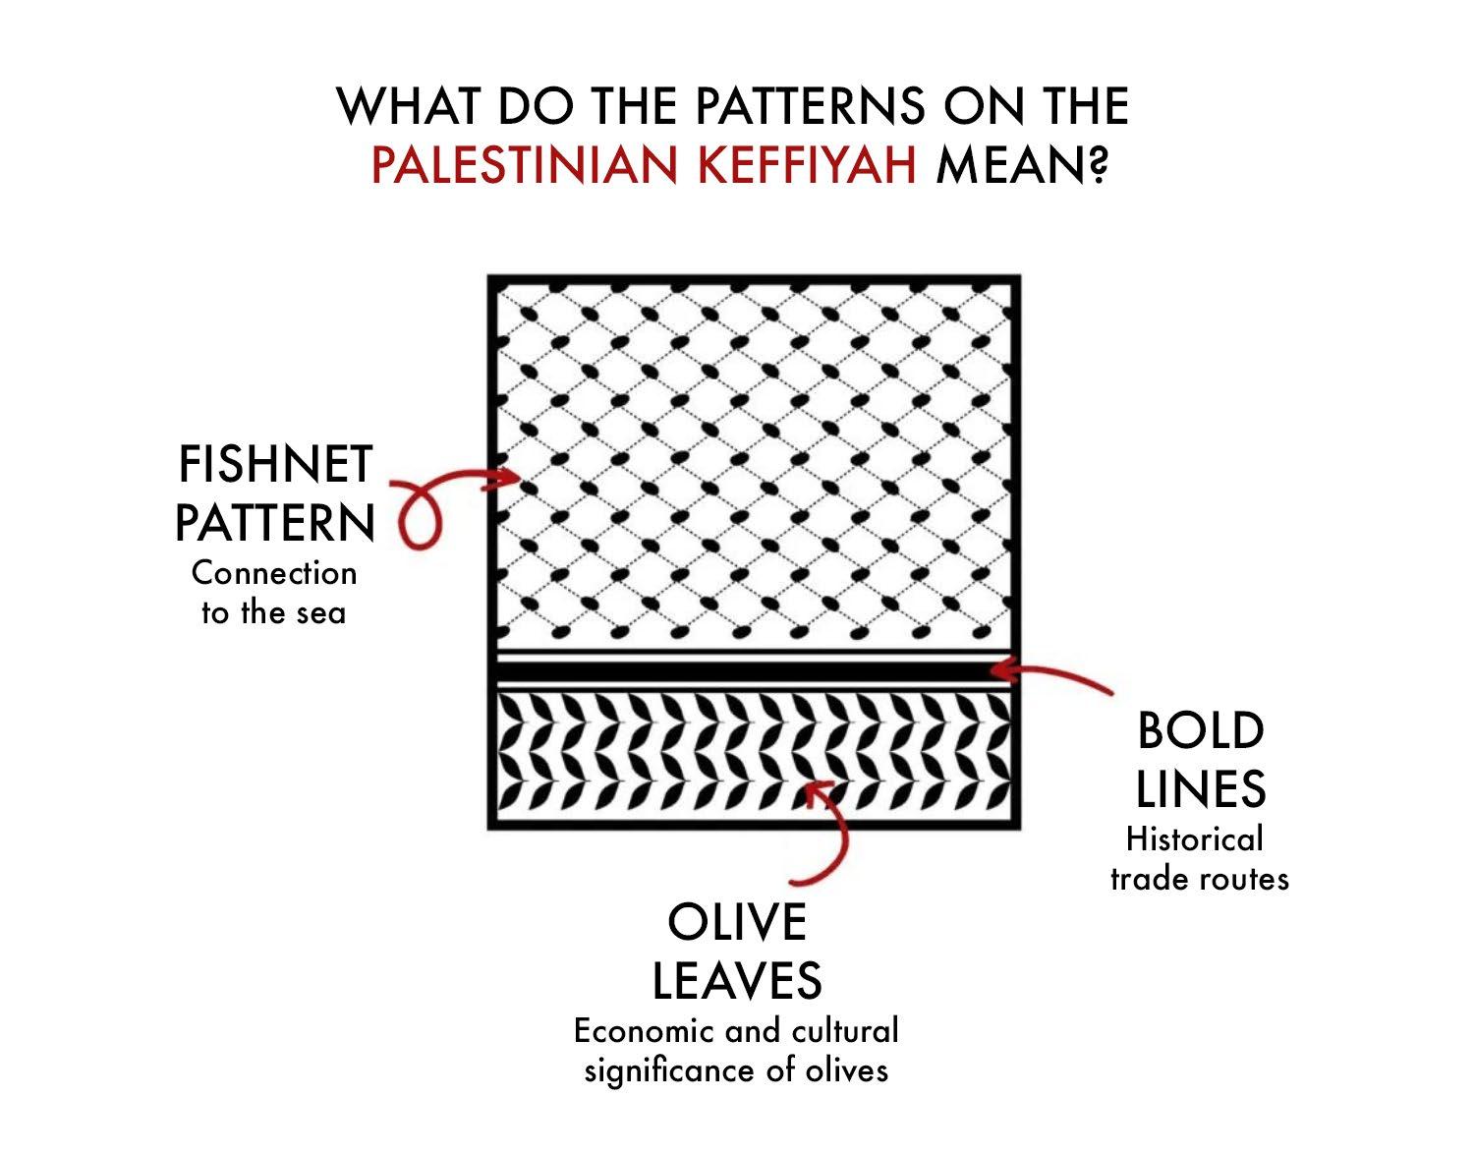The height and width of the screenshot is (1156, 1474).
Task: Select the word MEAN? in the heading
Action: tap(1022, 164)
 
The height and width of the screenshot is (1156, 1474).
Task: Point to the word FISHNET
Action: tap(275, 465)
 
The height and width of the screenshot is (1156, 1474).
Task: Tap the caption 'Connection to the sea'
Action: tap(274, 593)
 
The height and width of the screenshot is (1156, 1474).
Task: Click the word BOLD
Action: tap(1200, 731)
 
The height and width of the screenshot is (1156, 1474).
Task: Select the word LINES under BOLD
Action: tap(1200, 788)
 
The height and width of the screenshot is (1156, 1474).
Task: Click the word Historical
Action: tap(1194, 839)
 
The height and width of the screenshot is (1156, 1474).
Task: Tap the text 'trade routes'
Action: tap(1199, 878)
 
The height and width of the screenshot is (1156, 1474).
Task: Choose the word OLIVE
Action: tap(737, 922)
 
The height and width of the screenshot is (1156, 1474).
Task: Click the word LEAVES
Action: tap(737, 979)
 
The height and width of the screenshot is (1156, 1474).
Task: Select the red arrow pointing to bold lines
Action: tap(1051, 676)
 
